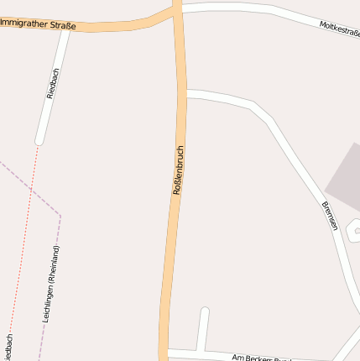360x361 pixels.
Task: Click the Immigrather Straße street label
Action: pos(38,24)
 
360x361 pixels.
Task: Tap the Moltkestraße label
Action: pos(339,29)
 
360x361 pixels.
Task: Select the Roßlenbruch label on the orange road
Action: pos(178,170)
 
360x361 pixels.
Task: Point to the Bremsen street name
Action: pos(329,216)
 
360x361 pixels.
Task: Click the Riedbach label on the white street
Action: pos(54,83)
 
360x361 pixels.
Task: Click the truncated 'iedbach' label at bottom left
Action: pos(8,347)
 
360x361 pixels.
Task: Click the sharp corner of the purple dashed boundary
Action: pos(60,216)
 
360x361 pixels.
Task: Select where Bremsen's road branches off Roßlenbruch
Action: pos(185,93)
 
